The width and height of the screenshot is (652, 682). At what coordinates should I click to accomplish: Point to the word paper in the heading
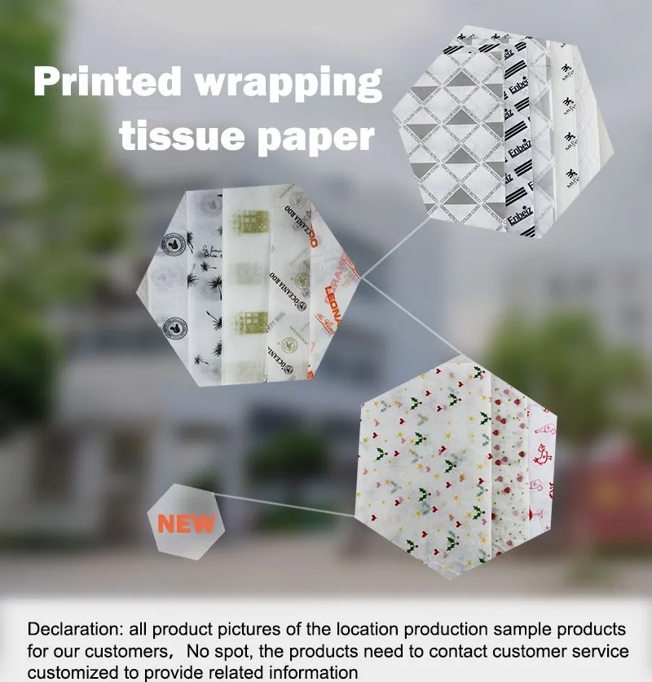click(315, 137)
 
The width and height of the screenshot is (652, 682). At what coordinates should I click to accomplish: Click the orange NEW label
click(186, 523)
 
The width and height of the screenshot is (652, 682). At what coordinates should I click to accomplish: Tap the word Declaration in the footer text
click(73, 630)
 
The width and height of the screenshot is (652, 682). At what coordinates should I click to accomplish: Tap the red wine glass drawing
click(539, 515)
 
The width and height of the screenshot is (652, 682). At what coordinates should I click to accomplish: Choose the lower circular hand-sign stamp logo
click(174, 328)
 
